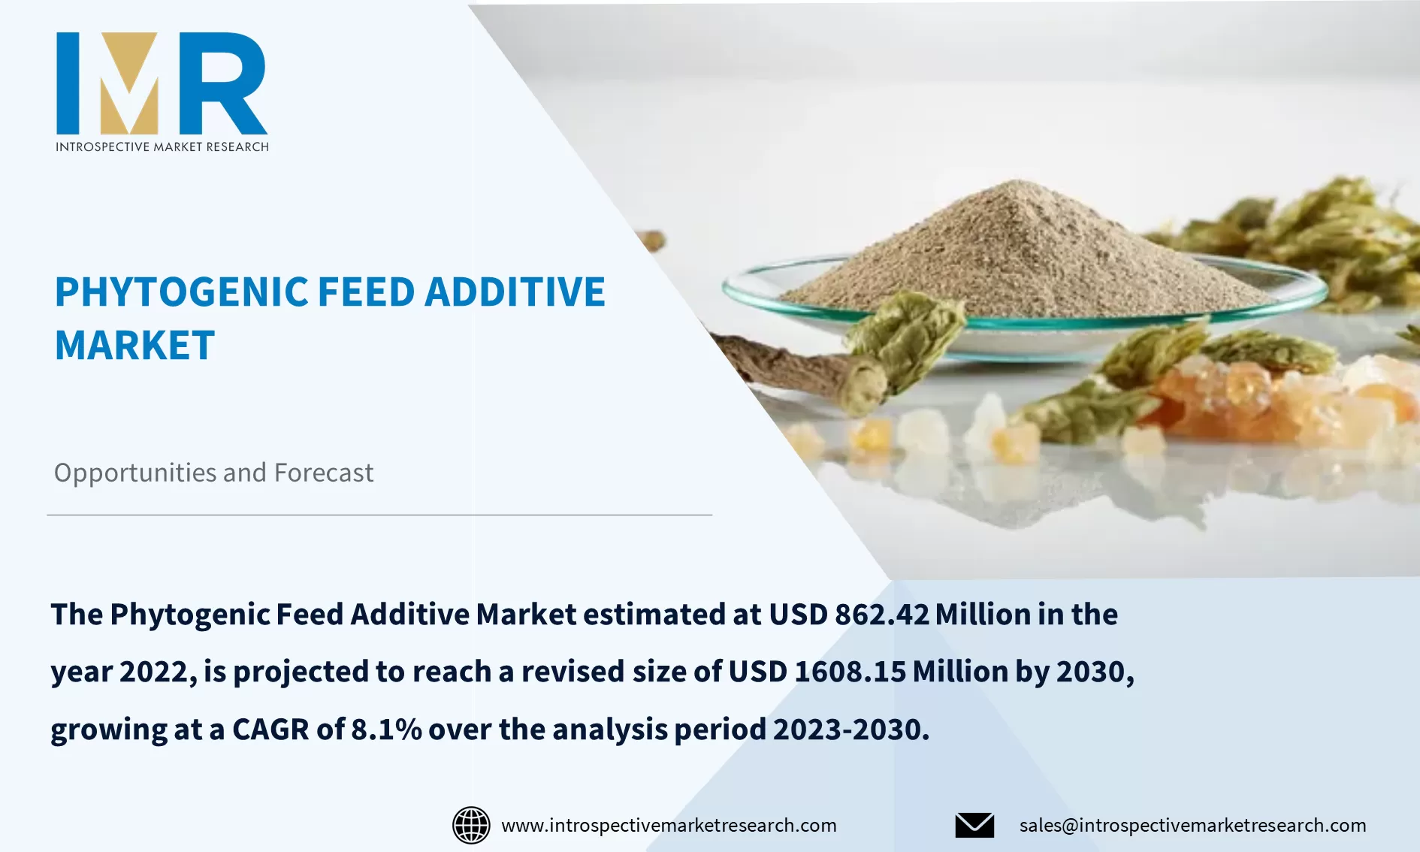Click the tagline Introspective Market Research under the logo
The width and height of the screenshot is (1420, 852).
162,147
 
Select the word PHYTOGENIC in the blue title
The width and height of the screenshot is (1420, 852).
181,292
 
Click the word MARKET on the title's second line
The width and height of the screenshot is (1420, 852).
134,346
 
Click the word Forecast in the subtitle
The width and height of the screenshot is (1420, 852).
324,473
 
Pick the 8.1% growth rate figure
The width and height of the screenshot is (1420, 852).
386,730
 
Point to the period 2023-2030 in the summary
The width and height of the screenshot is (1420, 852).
850,730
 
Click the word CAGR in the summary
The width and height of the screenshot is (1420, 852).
270,730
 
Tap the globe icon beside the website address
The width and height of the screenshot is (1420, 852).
471,825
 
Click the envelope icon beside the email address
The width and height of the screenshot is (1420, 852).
974,825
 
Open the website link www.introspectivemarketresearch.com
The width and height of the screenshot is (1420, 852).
669,825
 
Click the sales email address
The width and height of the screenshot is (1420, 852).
1192,825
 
